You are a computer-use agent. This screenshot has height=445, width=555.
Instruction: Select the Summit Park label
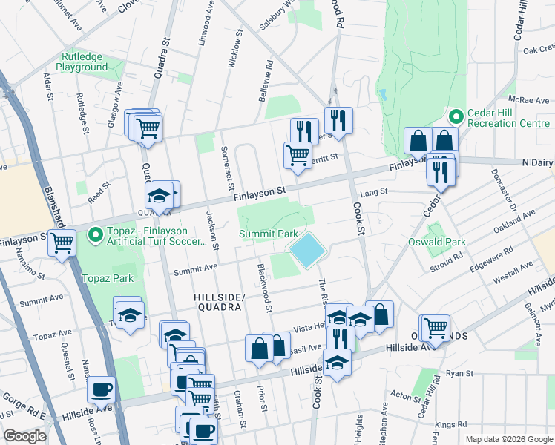click(x=269, y=234)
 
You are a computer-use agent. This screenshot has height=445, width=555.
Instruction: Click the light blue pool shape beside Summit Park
click(x=306, y=250)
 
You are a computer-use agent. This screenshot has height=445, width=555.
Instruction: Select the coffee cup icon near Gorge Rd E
click(x=101, y=389)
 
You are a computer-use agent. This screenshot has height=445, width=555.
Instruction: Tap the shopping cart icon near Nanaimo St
click(x=62, y=242)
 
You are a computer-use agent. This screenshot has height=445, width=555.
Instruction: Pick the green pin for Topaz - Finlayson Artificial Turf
click(x=95, y=235)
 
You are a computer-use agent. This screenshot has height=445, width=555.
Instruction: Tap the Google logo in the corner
click(x=24, y=436)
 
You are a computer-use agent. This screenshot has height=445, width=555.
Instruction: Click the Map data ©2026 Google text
click(x=508, y=439)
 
